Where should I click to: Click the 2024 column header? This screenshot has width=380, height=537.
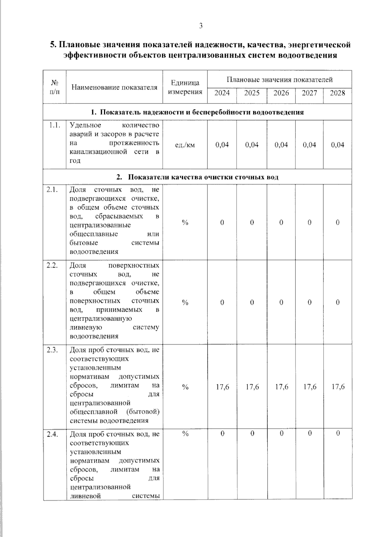[x=222, y=93]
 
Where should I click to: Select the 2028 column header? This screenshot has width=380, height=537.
[x=337, y=93]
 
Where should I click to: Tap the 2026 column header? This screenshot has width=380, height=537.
[x=281, y=93]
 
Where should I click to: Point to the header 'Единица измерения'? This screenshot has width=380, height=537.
[x=185, y=87]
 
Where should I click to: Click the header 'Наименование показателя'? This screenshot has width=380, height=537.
[x=114, y=87]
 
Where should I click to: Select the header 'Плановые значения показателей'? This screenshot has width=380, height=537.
[x=279, y=79]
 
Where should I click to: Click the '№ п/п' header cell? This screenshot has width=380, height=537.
[x=54, y=87]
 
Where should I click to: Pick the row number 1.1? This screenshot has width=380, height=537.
[x=54, y=125]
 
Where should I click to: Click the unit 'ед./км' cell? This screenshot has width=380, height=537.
[x=185, y=145]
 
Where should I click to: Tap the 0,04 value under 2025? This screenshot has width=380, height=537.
[x=252, y=145]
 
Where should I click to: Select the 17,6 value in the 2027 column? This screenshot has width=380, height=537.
[x=309, y=387]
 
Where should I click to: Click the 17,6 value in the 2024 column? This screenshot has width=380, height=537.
[x=222, y=387]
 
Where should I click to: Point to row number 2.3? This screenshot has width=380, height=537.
[x=52, y=350]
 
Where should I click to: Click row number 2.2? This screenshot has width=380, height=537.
[x=52, y=265]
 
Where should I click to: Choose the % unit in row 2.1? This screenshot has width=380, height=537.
[x=185, y=222]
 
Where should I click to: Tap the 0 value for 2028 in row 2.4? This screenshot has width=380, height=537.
[x=338, y=433]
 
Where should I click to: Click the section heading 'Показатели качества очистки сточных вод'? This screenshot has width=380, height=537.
[x=203, y=177]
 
